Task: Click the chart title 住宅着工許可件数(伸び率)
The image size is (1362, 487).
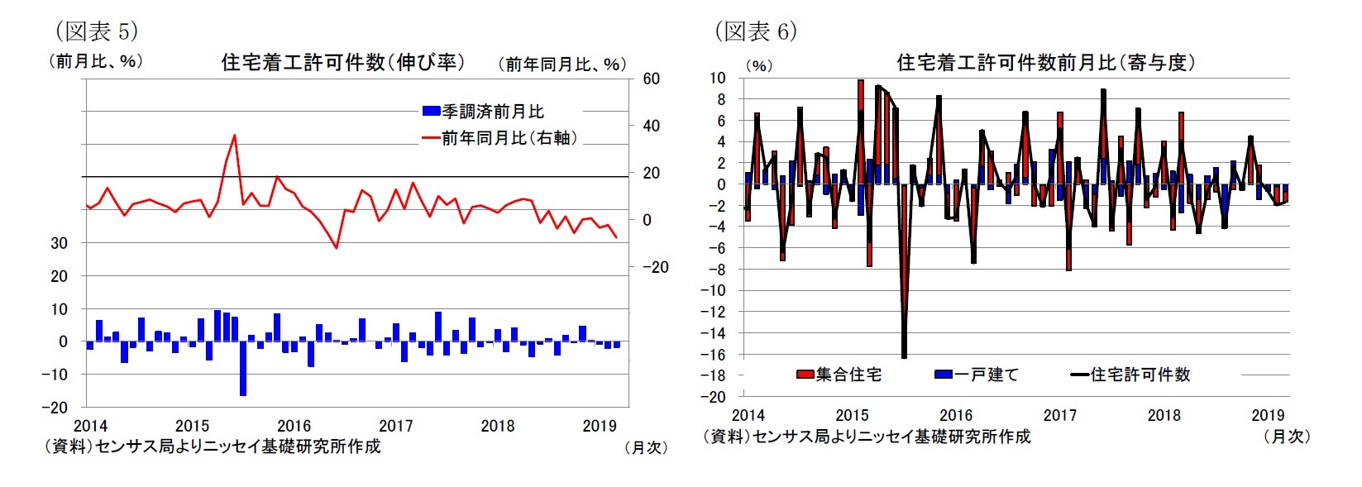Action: [343, 62]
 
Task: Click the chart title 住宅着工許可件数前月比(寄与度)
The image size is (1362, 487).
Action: [1045, 63]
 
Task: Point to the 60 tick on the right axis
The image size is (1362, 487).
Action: [652, 79]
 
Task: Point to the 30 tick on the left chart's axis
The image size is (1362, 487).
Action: [59, 243]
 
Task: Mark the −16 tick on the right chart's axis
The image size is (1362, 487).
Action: [714, 354]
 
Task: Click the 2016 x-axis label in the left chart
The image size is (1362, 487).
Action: [294, 426]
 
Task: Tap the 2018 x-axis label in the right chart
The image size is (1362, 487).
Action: [1164, 415]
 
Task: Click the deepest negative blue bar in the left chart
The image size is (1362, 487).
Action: [243, 368]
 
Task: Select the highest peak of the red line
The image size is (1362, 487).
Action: [235, 136]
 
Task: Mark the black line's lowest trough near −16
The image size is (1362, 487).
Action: [904, 356]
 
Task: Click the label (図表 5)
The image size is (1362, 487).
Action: [96, 31]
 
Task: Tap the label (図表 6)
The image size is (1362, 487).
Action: [756, 31]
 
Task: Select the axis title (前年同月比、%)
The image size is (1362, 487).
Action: [562, 64]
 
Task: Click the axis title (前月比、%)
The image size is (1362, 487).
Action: [95, 60]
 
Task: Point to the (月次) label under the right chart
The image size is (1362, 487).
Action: [1286, 436]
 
